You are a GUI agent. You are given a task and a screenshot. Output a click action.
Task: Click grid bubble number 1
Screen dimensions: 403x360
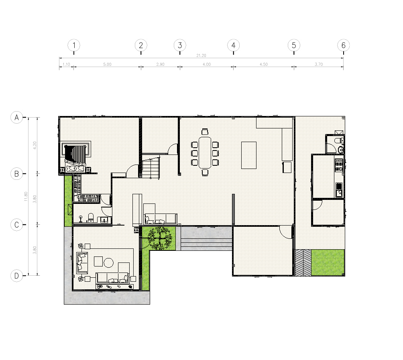coord(74,45)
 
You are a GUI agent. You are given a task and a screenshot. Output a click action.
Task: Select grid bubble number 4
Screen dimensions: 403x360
coord(233,45)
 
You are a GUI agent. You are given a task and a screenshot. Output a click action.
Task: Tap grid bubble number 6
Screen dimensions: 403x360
coord(343,45)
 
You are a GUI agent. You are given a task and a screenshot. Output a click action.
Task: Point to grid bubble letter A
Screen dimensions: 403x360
coord(17,118)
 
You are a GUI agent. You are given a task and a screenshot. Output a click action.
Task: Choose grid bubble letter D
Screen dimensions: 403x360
coord(17,276)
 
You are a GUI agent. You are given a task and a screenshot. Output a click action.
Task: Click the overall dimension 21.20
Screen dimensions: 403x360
coord(201,55)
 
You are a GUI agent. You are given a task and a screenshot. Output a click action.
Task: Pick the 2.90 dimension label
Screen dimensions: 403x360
coord(161,64)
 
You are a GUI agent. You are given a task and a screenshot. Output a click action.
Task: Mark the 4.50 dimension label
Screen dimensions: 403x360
coord(264,64)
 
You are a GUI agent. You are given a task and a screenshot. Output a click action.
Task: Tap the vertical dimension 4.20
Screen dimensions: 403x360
coord(35,145)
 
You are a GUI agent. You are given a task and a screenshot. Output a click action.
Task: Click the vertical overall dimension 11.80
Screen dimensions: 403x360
coord(26,196)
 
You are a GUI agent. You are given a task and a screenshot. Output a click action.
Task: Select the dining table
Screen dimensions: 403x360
coord(205,153)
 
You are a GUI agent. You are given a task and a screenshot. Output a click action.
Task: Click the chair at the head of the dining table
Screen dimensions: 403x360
coord(205,132)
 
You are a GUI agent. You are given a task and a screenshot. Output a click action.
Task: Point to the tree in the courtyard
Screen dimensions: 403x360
coord(160,238)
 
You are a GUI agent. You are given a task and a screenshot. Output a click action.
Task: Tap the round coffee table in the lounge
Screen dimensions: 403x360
coord(108,262)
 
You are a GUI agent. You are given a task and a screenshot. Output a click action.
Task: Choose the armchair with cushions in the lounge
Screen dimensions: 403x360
coord(82,263)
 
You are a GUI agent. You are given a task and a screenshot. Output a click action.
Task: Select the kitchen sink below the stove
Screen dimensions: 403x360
coord(339,190)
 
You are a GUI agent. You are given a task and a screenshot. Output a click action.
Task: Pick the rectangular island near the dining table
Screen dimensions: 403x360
coord(249,155)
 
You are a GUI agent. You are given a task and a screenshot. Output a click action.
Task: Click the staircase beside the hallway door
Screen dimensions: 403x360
coord(151,167)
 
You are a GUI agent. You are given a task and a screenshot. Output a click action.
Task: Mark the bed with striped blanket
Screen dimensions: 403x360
coord(75,157)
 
